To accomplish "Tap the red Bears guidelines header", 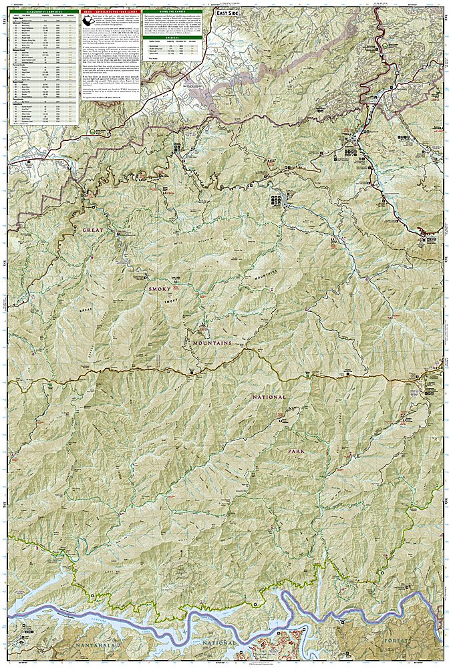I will (x=112, y=12).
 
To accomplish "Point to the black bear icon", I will (x=88, y=22).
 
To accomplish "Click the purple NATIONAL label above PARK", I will (x=270, y=397).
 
